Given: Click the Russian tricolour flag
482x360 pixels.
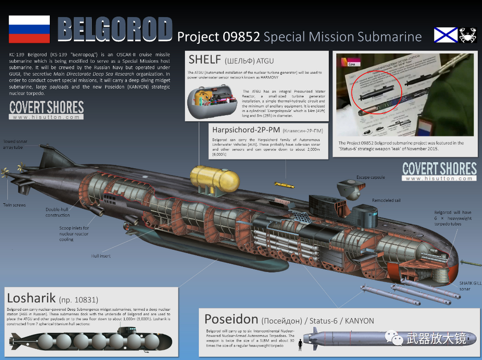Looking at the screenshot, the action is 30,30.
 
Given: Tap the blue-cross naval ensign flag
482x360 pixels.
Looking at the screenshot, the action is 445,35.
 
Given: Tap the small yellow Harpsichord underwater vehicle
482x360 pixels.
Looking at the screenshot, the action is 282,184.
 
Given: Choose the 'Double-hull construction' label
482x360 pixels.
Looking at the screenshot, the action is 58,212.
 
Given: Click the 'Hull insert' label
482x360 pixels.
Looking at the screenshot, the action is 101,256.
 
